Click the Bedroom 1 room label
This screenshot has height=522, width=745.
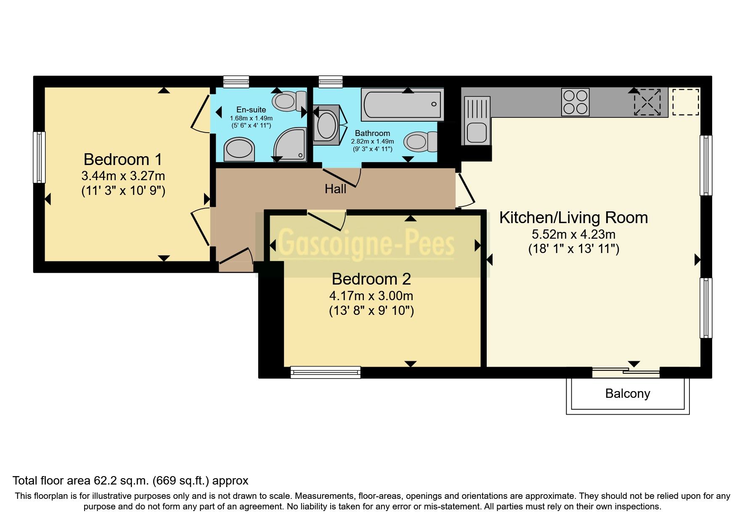coord(122,160)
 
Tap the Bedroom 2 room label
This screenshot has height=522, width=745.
coord(371,279)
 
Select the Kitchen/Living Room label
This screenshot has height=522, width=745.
coord(573,218)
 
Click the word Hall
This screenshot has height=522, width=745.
coord(335,189)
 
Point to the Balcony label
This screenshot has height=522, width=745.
coord(627,394)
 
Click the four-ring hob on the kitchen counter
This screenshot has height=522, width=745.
coord(575,102)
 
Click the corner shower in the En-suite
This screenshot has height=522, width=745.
coord(290,144)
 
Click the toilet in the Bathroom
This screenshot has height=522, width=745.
coord(420,141)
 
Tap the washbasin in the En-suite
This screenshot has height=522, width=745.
coord(239,149)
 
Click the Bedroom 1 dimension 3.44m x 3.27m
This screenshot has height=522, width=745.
coord(123,176)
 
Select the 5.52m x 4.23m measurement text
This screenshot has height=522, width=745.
coord(573,234)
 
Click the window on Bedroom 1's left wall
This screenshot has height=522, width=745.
coord(39,157)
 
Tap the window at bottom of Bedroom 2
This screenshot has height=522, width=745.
coord(326,372)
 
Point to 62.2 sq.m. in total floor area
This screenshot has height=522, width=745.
coord(121,481)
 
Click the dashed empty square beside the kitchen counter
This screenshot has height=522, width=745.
coord(686,101)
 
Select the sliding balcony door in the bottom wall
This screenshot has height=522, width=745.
coord(626,371)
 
